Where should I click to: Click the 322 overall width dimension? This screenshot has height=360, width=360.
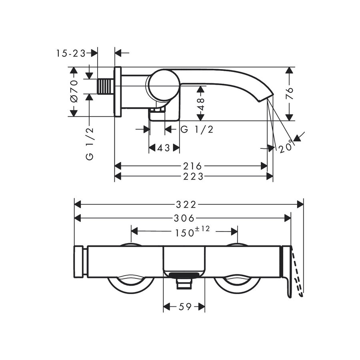[x=186, y=204]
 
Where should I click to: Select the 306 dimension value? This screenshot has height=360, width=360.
[x=184, y=218]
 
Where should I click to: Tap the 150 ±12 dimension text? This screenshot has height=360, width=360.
[x=192, y=232]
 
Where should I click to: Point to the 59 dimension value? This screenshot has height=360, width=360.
[x=185, y=306]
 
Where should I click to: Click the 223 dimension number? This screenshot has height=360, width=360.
[x=193, y=176]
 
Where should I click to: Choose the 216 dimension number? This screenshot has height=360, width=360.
[x=192, y=166]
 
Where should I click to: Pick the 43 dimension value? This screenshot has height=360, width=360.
[x=164, y=148]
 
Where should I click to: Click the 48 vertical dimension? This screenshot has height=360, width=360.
[x=201, y=104]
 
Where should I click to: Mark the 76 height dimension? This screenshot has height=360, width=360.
[x=290, y=93]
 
